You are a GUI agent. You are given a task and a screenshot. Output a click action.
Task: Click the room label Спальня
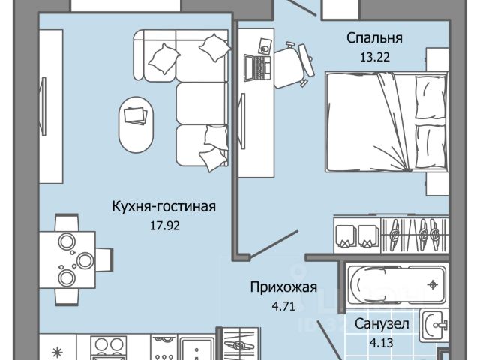click(x=374, y=38)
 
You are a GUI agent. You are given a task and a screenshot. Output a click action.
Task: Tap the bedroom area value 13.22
click(x=374, y=55)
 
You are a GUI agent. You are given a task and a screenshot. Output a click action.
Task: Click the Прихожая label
click(x=283, y=286)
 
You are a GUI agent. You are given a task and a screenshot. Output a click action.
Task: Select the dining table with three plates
click(x=70, y=252)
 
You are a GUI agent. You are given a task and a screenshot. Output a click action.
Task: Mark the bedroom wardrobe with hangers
click(x=390, y=232)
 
